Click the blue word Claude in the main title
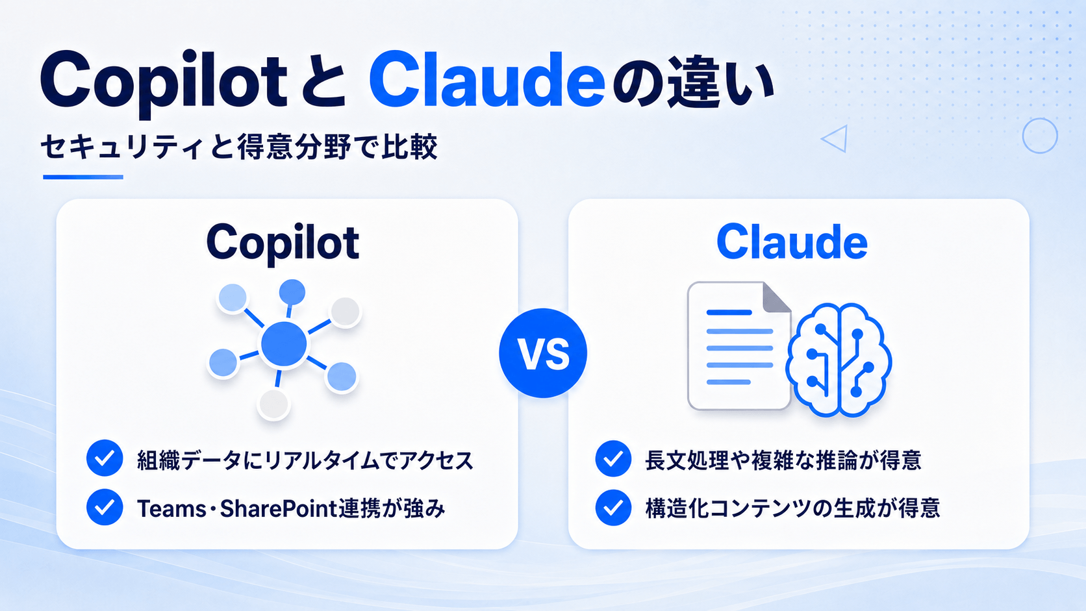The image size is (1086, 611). (x=486, y=79)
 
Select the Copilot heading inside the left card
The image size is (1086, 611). (x=283, y=243)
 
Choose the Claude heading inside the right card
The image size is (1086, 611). (x=792, y=242)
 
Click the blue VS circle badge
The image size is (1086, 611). (x=543, y=353)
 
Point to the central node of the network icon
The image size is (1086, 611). (x=284, y=343)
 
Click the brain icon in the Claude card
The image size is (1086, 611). (x=839, y=360)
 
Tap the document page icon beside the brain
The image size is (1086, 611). (x=739, y=345)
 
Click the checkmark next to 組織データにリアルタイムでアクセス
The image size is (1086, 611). (x=105, y=458)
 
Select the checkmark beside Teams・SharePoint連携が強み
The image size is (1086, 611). (x=105, y=507)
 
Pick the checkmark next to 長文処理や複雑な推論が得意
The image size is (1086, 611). (x=613, y=458)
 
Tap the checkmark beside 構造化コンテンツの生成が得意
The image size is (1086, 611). (x=613, y=508)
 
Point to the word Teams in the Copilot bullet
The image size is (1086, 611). (x=171, y=509)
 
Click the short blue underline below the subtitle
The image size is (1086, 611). (x=83, y=177)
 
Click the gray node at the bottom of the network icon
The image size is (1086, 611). (x=274, y=404)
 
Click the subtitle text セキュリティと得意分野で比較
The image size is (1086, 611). (x=239, y=147)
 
